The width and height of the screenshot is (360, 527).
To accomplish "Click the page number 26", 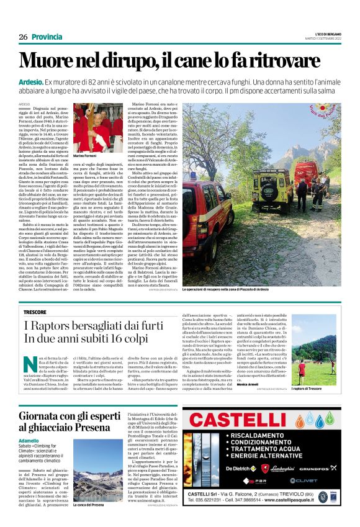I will point(23,37).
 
